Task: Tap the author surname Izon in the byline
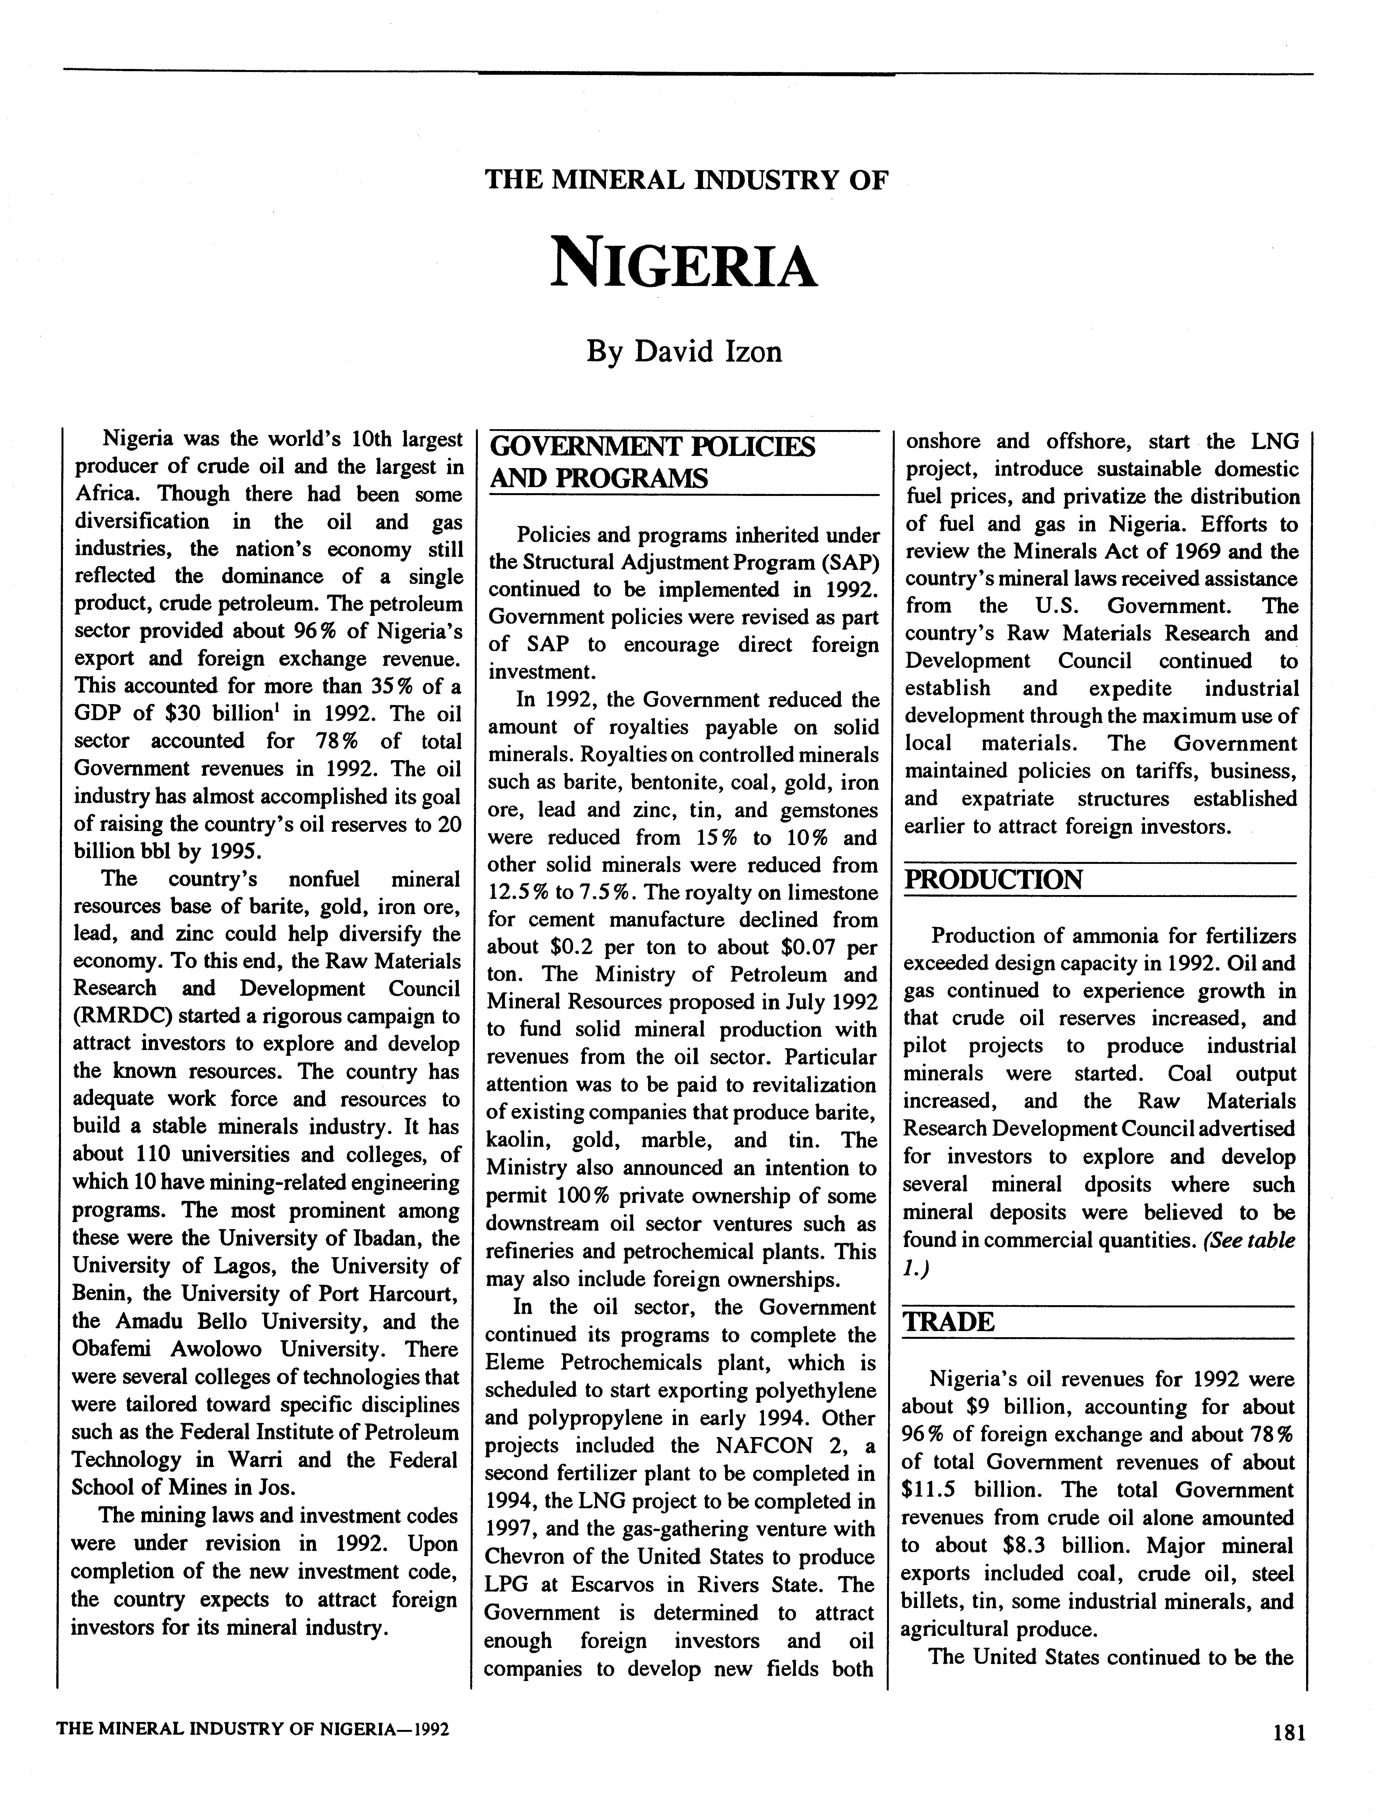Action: tap(749, 351)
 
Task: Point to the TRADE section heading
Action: tap(949, 1323)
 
